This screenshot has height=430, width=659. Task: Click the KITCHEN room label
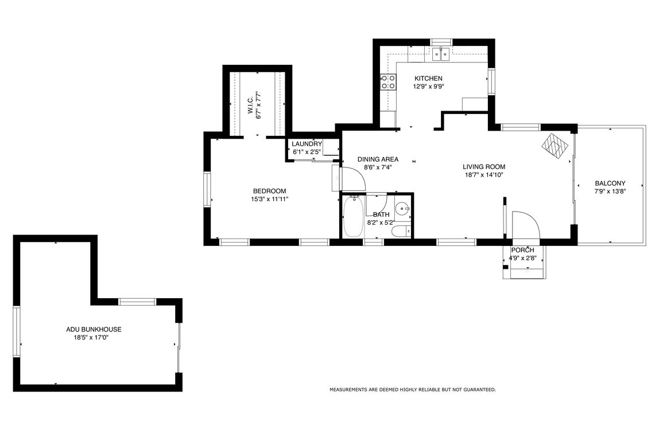(x=428, y=79)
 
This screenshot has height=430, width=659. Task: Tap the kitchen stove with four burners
(x=388, y=82)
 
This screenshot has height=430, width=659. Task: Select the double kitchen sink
(x=441, y=54)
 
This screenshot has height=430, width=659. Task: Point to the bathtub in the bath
(x=353, y=217)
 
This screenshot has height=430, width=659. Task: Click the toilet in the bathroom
(x=400, y=230)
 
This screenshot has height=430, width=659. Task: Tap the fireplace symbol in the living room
(x=556, y=146)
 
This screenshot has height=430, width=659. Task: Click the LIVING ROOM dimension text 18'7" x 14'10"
(x=483, y=175)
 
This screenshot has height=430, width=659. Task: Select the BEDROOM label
(x=269, y=191)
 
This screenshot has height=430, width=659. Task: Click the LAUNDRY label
(x=307, y=144)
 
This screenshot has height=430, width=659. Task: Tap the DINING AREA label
(x=377, y=159)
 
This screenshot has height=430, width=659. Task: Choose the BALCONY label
(x=610, y=183)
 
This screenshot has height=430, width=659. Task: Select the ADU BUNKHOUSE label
(x=94, y=330)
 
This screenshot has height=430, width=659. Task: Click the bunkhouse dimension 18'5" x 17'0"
(x=94, y=338)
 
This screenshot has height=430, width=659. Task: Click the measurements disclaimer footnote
(x=412, y=390)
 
